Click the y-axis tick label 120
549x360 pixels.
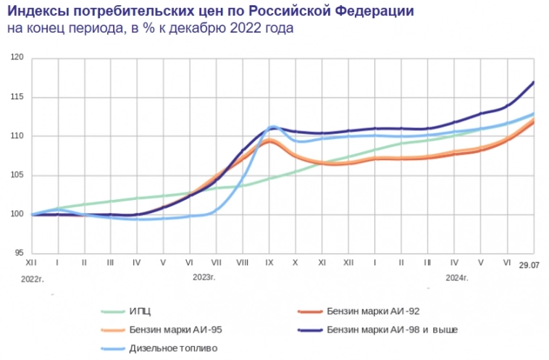tap(19, 57)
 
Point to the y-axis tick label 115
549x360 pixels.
tap(19, 97)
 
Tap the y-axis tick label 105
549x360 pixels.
tap(19, 175)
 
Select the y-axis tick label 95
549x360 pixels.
tap(21, 254)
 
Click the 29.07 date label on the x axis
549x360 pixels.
tap(530, 266)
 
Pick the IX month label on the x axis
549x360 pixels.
tap(269, 261)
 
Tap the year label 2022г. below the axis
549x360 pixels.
tap(33, 277)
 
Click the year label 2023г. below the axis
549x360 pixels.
tap(204, 277)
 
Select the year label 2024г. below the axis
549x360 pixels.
tap(457, 277)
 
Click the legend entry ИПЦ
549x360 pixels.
tap(140, 311)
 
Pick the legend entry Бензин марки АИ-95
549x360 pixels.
tap(177, 330)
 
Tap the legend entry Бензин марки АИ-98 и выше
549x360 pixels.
tap(392, 330)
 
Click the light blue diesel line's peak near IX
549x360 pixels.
tap(273, 127)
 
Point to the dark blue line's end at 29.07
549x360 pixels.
tap(534, 82)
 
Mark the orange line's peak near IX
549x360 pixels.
tap(269, 141)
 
